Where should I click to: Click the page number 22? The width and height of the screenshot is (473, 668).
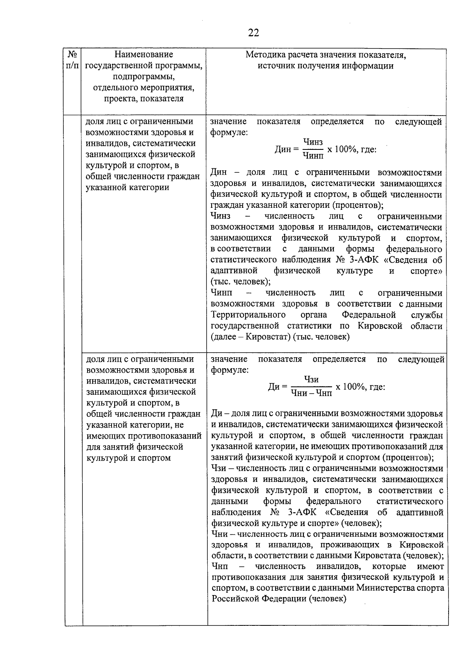click(253, 33)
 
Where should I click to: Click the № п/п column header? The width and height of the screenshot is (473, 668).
click(72, 60)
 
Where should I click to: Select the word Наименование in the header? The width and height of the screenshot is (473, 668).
click(143, 54)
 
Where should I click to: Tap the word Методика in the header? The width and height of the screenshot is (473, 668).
click(263, 55)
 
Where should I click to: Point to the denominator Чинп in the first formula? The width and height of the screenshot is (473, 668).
click(313, 156)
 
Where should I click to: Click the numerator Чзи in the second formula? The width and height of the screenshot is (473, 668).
click(311, 379)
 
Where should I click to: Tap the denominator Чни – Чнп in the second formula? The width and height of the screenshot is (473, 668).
click(311, 393)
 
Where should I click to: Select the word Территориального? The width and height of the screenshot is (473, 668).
click(248, 315)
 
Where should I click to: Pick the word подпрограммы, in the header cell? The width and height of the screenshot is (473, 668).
click(143, 77)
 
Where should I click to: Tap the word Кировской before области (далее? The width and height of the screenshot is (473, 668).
click(380, 326)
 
